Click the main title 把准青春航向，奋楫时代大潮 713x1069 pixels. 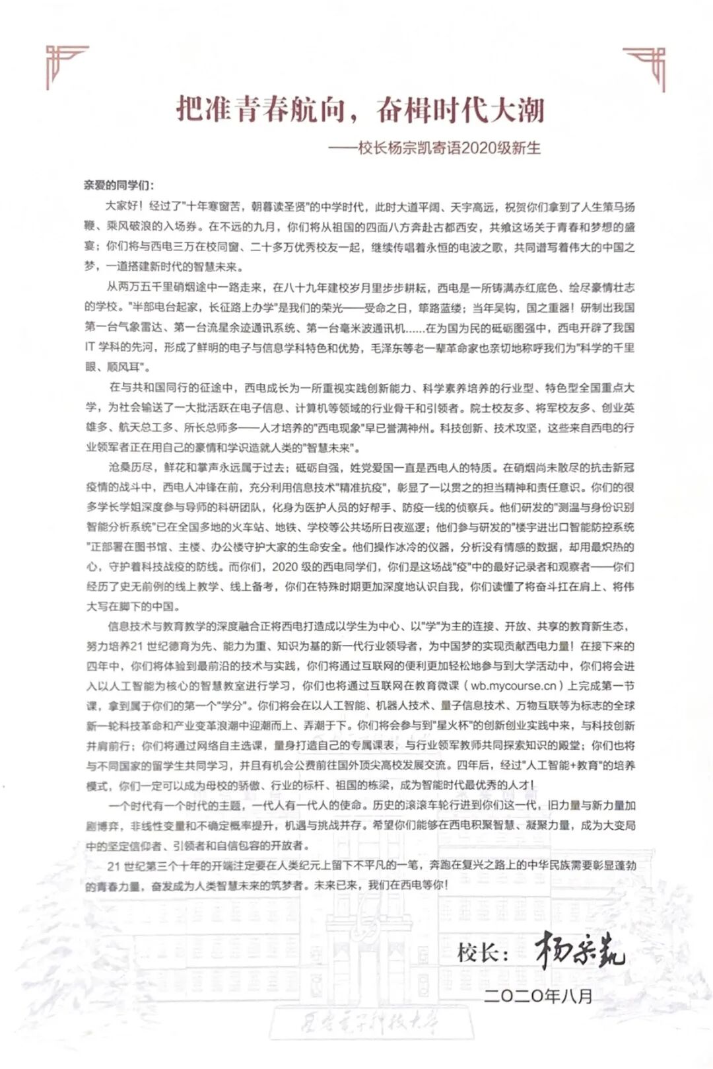[360, 109]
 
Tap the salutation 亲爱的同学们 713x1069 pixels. [119, 185]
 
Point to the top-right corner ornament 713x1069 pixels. [646, 66]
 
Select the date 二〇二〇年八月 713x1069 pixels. [538, 996]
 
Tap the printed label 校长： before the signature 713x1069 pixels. [483, 953]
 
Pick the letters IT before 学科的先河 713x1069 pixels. [90, 348]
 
